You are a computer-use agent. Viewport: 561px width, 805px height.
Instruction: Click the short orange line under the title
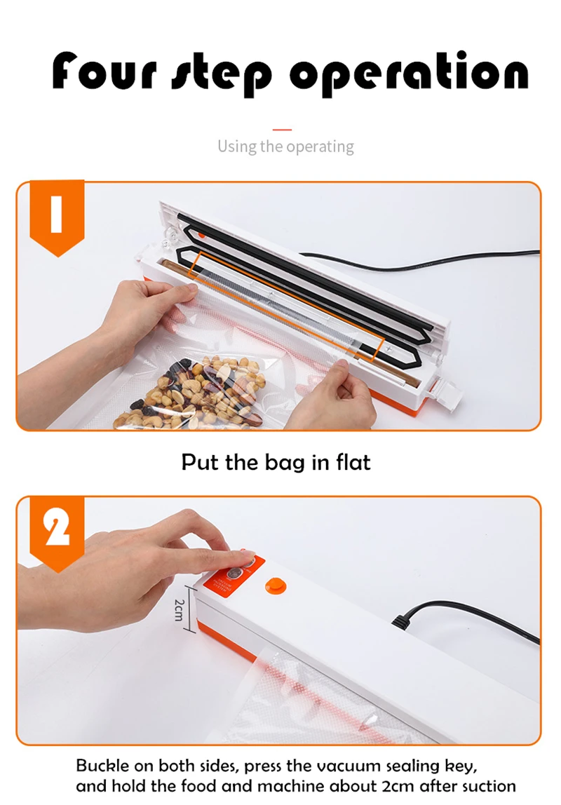(282, 130)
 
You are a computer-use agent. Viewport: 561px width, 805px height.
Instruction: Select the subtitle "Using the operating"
(285, 147)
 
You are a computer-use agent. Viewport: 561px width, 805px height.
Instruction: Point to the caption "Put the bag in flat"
(276, 462)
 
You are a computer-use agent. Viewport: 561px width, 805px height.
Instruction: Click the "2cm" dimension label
(179, 609)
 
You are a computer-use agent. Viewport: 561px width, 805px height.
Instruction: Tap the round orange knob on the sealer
(276, 586)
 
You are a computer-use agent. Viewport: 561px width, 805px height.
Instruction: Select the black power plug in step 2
(405, 619)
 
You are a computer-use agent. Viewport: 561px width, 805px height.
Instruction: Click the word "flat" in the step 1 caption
(353, 461)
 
